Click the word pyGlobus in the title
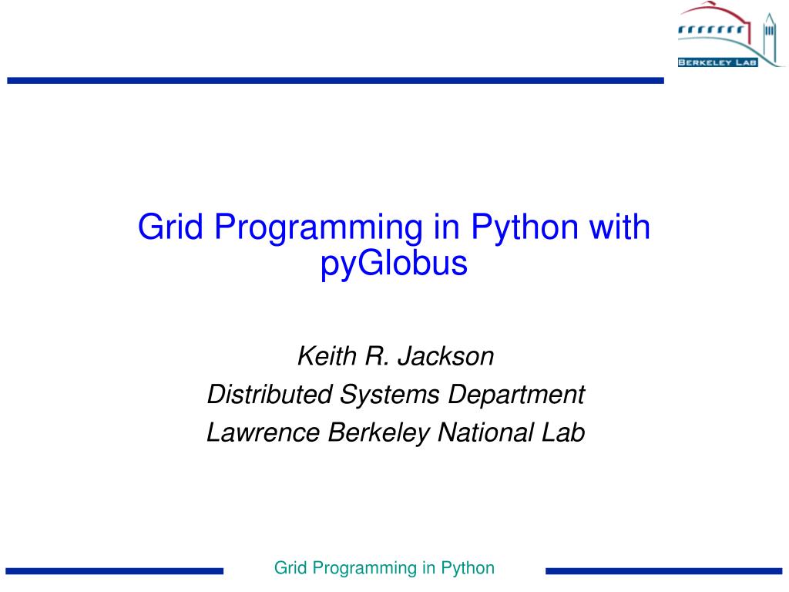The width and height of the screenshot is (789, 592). click(394, 264)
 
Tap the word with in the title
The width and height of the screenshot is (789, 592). click(619, 227)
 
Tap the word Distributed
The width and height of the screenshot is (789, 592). click(270, 395)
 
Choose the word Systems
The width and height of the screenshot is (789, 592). click(391, 395)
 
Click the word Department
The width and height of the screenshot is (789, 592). click(517, 395)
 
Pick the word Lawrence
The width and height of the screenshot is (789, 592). click(264, 432)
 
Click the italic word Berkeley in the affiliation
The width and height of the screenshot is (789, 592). click(378, 432)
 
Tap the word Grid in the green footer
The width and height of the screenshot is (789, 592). click(291, 569)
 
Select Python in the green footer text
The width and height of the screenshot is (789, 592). click(468, 569)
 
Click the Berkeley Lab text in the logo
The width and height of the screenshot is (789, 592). click(716, 62)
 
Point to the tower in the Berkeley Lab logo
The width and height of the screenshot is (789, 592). click(768, 39)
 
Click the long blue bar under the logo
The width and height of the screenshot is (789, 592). click(335, 80)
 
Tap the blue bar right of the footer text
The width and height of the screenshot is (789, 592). click(663, 571)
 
